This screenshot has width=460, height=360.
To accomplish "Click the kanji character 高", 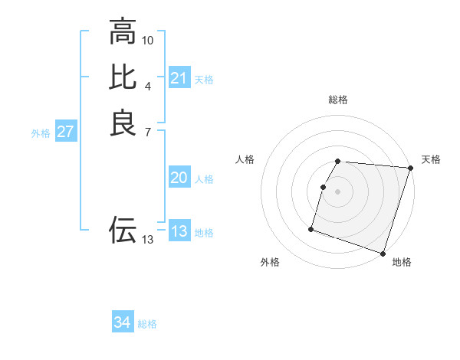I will point(123,32).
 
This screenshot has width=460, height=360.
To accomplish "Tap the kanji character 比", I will point(123,77).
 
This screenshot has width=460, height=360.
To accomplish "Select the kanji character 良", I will point(123,123).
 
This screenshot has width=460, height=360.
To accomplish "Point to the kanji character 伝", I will point(123,229).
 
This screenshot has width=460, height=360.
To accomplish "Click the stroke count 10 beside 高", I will point(148,40).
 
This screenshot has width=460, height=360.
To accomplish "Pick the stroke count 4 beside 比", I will point(148,85).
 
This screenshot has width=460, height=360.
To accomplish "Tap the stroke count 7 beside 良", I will point(148,131).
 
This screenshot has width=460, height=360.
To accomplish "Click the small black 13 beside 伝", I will point(148,240).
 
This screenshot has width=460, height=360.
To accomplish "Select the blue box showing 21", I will point(179,78).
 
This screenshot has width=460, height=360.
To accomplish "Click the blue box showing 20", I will point(179,178).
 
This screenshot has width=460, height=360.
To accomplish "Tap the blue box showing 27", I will point(66,132).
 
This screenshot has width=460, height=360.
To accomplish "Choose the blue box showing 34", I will point(123,322).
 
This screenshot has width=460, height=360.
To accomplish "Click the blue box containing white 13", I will point(179,231).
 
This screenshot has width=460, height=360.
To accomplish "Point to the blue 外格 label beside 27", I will point(41,133).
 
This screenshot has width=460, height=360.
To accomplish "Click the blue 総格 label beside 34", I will point(147,324).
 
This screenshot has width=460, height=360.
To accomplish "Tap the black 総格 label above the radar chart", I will point(338,100).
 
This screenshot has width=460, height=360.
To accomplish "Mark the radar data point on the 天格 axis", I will point(410,169).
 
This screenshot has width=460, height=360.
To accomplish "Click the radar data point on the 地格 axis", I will point(383,253).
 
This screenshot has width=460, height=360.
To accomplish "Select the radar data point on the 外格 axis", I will point(311,228).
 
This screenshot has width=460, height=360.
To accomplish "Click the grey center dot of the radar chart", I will point(338,191).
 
